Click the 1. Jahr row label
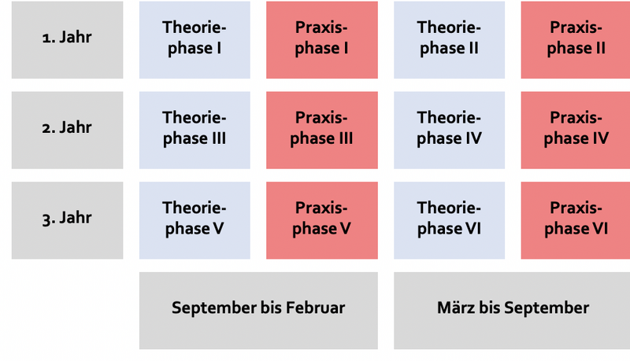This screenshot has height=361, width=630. click(67, 39)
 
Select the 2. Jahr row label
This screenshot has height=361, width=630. click(67, 130)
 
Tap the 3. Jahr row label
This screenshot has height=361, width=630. click(67, 220)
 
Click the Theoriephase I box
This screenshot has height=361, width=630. click(195, 39)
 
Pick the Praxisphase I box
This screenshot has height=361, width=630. click(322, 39)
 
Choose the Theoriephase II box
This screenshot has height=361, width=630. click(449, 39)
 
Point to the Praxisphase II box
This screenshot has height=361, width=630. click(576, 39)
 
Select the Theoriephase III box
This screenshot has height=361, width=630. click(195, 130)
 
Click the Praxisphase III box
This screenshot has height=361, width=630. click(322, 130)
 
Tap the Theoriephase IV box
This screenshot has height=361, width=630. click(449, 130)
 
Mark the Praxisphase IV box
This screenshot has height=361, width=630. click(576, 130)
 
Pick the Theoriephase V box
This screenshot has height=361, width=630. click(195, 220)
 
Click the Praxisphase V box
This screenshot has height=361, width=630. click(322, 220)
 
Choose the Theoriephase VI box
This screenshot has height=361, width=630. click(449, 220)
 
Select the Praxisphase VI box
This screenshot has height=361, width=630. click(576, 220)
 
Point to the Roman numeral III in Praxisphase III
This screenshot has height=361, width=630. click(346, 138)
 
